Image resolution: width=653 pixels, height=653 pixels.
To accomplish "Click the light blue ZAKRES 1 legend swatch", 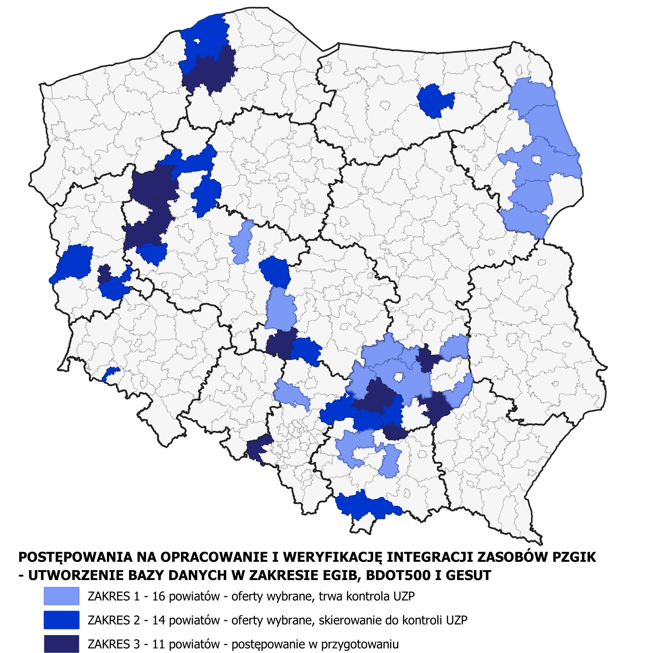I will pos(61,596).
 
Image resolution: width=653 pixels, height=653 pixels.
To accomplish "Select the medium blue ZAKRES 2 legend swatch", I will pos(61,620).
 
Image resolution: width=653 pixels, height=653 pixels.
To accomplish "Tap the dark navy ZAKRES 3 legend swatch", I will pos(61,644).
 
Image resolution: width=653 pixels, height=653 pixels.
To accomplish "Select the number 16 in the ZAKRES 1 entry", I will pos(158,596).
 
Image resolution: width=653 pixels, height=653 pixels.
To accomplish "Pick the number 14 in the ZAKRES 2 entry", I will pos(158,620).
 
